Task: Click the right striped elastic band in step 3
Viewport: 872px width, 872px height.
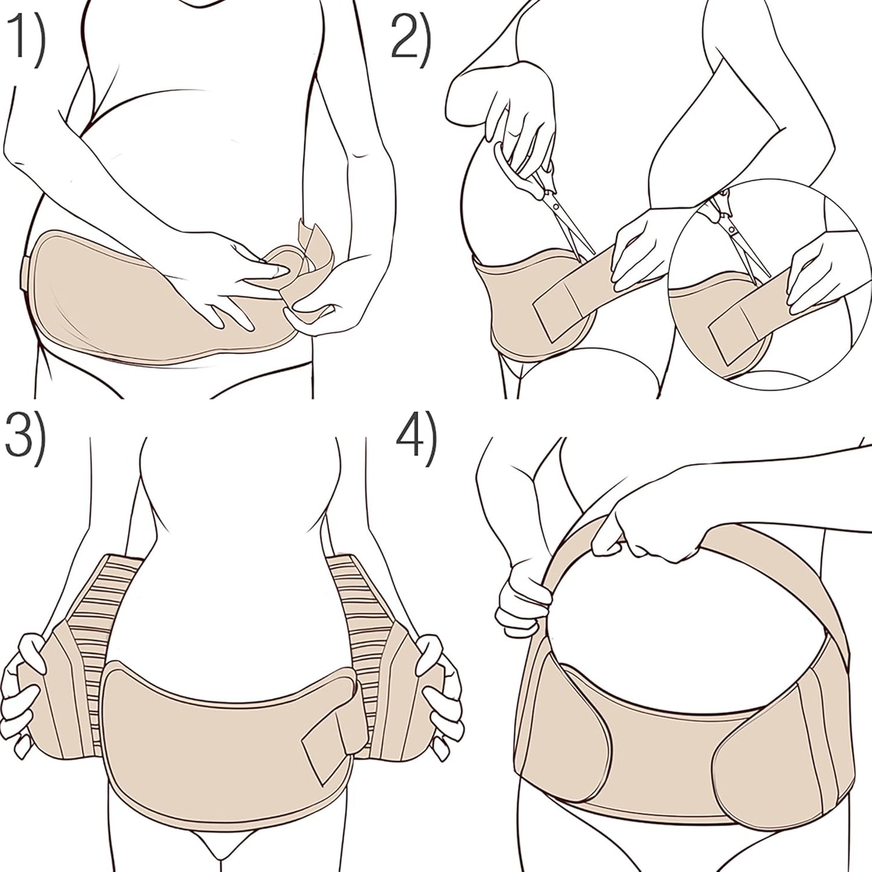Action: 362,603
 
